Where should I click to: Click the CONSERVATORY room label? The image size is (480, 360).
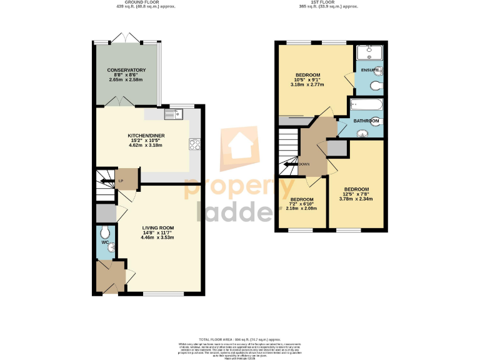coord(126,70)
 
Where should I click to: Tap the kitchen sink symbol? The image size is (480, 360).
coord(172,114)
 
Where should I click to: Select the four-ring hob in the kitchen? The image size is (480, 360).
coord(194,144)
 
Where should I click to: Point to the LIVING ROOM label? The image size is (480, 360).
coord(157,227)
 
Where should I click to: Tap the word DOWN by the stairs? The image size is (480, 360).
coord(304,164)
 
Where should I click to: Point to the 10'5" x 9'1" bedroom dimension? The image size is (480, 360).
coord(307,83)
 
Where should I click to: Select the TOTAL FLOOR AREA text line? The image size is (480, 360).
coord(240,338)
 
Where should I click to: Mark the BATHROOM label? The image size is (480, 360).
coord(366,121)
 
